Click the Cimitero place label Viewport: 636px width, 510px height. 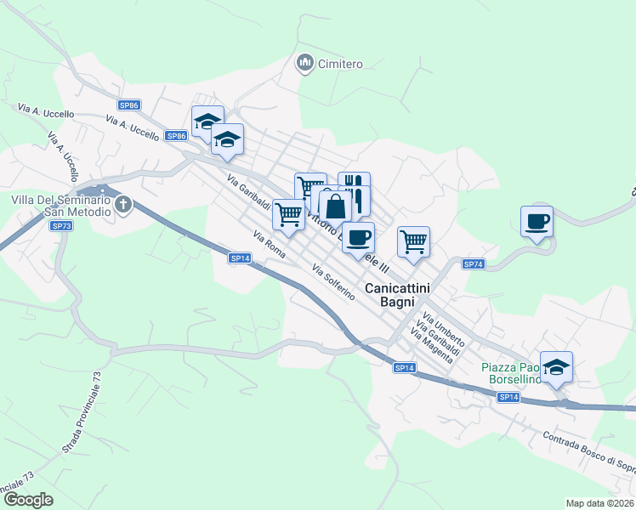tap(340, 64)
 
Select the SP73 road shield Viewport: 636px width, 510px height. tap(61, 225)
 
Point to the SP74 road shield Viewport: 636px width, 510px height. tap(474, 264)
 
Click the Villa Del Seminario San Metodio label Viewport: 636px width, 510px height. tap(60, 205)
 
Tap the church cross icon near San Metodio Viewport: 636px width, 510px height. tap(123, 204)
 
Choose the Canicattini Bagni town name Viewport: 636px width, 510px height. tap(397, 295)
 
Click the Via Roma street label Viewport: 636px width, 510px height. tap(270, 243)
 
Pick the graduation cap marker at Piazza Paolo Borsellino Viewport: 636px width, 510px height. tap(556, 367)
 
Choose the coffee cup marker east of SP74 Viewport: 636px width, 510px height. tap(537, 222)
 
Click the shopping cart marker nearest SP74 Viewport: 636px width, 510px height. tap(413, 241)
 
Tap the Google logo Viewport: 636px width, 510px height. tap(28, 500)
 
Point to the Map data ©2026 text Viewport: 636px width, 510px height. tap(599, 502)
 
